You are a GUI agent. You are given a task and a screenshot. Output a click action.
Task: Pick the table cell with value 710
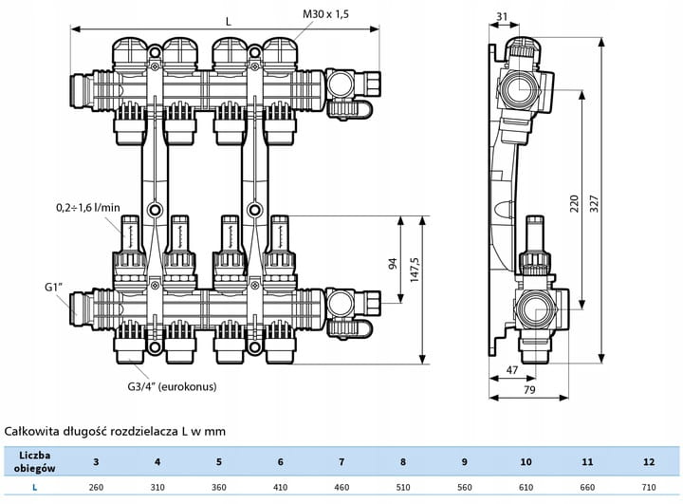point(649,488)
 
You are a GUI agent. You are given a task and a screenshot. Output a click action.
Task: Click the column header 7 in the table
point(341,462)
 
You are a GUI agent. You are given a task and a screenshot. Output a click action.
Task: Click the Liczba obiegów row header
point(34,462)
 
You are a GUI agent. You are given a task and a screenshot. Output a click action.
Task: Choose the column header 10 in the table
point(526,462)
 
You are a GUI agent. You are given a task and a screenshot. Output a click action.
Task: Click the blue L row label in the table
point(34,488)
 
